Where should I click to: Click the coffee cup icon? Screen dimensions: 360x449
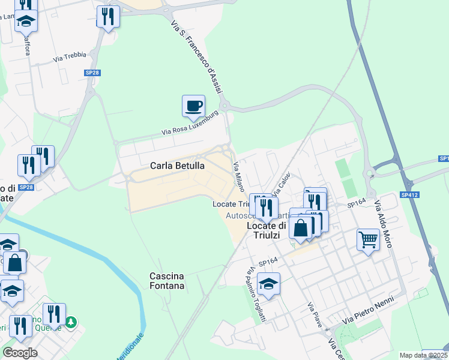point(193,106)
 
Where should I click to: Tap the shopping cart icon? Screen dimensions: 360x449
point(367,240)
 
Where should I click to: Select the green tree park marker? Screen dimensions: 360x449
point(71,321)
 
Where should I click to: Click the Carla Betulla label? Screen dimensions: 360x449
point(177,166)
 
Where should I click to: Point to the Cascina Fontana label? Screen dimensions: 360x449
point(167,281)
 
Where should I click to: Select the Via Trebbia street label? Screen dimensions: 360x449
point(70,58)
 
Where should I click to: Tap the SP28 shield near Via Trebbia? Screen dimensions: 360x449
point(92,73)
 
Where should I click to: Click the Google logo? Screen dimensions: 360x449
point(20,353)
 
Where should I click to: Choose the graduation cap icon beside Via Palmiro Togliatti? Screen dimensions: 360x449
point(269,284)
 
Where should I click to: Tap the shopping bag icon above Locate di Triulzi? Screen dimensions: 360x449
point(301,227)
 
